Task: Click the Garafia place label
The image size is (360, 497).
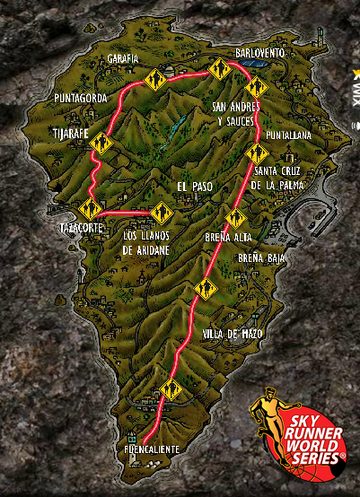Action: point(123,58)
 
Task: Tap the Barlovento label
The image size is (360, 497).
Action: point(260,54)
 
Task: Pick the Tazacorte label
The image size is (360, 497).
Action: point(81,228)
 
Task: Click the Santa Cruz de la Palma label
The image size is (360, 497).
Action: point(278,179)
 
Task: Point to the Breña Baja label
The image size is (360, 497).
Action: point(261,257)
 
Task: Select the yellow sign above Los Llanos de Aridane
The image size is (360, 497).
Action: point(162,213)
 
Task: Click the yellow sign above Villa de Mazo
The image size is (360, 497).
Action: point(206,290)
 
